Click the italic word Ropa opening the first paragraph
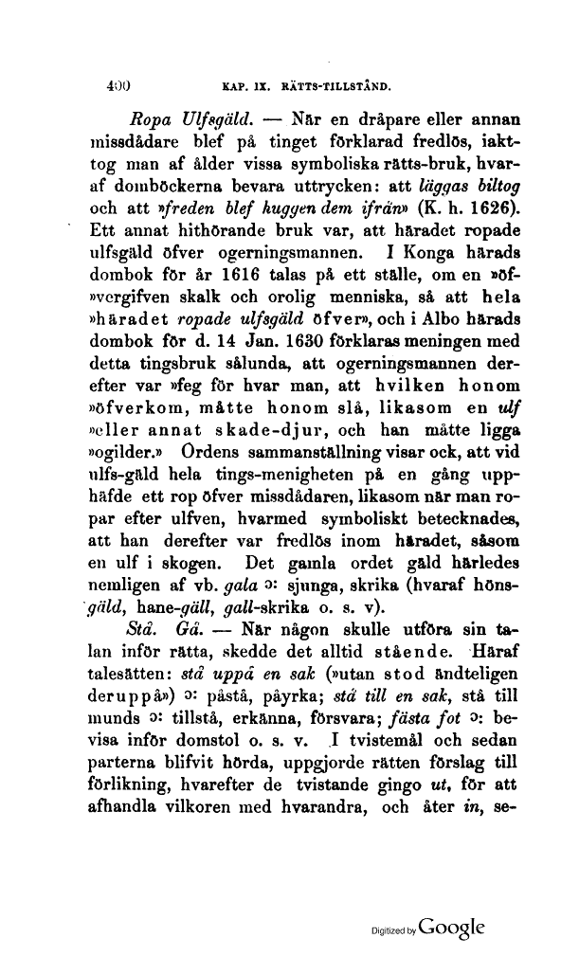click(x=147, y=121)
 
